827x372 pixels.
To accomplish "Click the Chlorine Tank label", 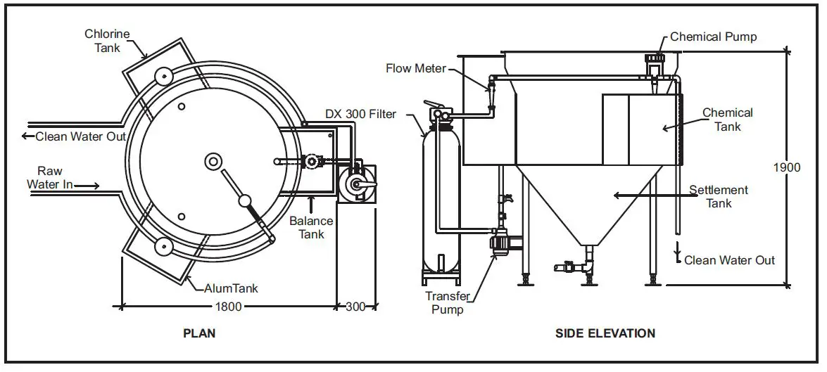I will coord(103,41).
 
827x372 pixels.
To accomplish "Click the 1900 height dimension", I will coord(787,167).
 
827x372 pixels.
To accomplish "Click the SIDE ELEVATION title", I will coord(605,333).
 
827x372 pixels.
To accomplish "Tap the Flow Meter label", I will coord(416,68).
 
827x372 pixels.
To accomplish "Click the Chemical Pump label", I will coord(713,37).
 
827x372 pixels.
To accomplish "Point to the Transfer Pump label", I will coord(448,302).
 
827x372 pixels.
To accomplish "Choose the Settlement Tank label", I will coord(718,197).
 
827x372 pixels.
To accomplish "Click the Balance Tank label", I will coord(311,227).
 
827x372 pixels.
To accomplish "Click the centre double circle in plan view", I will coord(213,162).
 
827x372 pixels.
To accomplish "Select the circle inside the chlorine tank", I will coord(165,76).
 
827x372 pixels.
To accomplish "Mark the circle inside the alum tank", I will coord(164,246).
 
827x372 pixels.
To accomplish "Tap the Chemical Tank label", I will coord(728,120).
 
